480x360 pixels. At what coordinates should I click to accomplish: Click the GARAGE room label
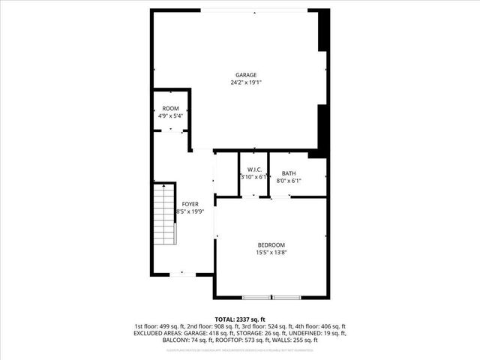pyautogui.click(x=246, y=75)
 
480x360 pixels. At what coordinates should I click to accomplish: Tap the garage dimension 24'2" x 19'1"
pyautogui.click(x=246, y=82)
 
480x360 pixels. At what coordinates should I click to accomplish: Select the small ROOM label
pyautogui.click(x=171, y=109)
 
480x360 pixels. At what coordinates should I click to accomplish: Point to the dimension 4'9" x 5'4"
pyautogui.click(x=171, y=116)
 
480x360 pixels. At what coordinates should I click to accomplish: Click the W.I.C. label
pyautogui.click(x=253, y=169)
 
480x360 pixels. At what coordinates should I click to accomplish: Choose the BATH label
pyautogui.click(x=289, y=173)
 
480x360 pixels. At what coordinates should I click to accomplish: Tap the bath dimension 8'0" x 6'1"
pyautogui.click(x=289, y=181)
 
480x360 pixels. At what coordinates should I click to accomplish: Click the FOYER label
pyautogui.click(x=190, y=204)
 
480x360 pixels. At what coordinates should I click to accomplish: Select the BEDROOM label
pyautogui.click(x=271, y=245)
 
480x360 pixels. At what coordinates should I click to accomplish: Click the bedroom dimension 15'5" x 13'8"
pyautogui.click(x=271, y=253)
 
